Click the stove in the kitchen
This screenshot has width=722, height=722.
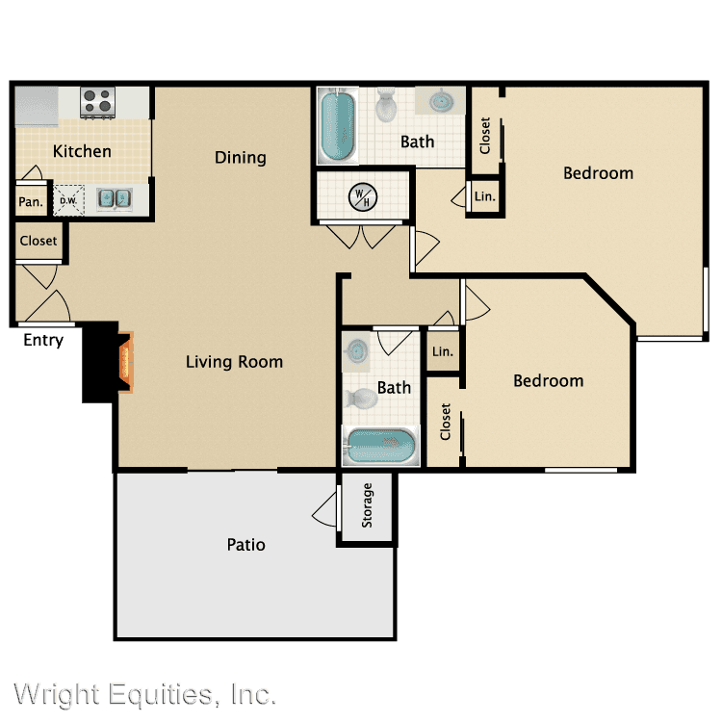tap(97, 102)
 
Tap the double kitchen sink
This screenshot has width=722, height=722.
tap(115, 198)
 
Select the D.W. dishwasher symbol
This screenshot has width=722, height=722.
tap(69, 200)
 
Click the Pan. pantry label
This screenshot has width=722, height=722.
tap(31, 202)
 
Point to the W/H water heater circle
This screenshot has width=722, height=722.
tap(363, 196)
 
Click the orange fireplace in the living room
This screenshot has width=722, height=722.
tap(126, 362)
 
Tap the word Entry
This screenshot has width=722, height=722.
tap(43, 340)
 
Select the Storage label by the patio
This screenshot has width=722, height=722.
tap(367, 505)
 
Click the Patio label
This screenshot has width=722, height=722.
tap(245, 545)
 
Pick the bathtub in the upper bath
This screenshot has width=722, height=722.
tap(338, 125)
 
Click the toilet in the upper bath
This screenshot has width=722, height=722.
tap(386, 106)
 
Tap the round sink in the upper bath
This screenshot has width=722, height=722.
tap(441, 100)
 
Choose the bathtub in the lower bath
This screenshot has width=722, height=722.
tap(381, 446)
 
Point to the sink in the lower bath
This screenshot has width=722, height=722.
tap(357, 351)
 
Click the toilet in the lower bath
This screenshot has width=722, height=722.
tap(361, 398)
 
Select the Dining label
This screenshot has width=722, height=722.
tap(241, 158)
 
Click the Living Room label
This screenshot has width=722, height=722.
tap(234, 362)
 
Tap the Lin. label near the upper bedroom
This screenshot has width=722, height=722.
tap(485, 196)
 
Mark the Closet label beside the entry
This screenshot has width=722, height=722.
tap(39, 241)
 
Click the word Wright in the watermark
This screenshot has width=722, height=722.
tap(57, 694)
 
